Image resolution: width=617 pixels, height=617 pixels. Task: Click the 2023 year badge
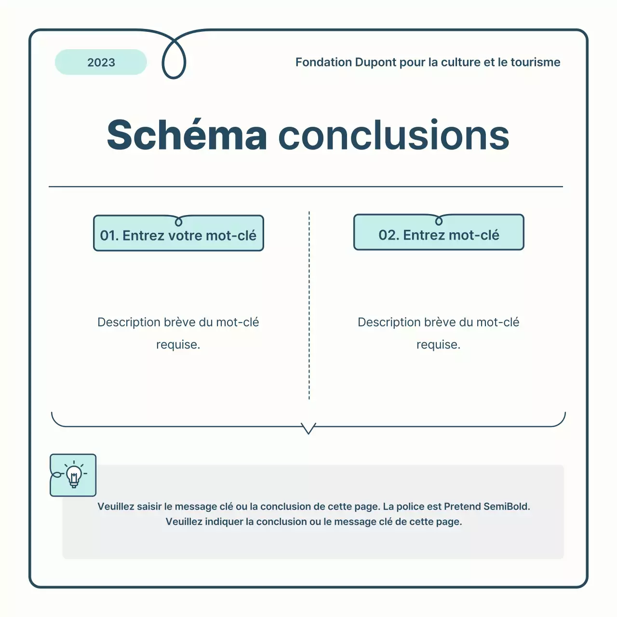pos(101,62)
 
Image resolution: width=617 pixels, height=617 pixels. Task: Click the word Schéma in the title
pos(187,135)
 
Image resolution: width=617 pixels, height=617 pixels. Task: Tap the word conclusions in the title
pos(393,135)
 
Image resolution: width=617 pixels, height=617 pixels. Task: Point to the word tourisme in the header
pos(535,62)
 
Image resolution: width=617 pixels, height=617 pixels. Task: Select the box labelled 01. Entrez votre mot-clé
pos(178,235)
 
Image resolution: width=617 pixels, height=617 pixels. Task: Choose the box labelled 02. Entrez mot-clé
pos(439,234)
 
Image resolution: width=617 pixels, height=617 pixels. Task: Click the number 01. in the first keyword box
pos(109,236)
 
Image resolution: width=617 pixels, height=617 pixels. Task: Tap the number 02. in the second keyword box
pos(388,235)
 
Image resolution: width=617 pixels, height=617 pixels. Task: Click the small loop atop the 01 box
pos(178,222)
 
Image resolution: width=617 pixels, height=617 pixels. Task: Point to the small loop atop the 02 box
pos(439,221)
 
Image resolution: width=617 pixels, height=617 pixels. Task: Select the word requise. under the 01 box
pos(178,345)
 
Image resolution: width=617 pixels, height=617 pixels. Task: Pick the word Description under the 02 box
pos(389,322)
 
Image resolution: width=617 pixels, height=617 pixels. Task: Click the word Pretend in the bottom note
pos(462,507)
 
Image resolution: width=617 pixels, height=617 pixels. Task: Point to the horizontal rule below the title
pos(306,186)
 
